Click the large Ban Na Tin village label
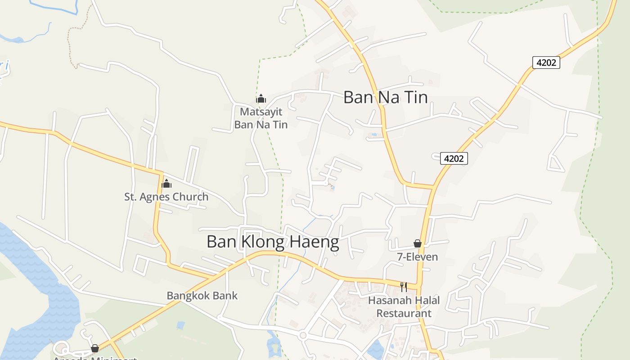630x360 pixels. pyautogui.click(x=385, y=97)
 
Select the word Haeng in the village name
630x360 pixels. pyautogui.click(x=313, y=242)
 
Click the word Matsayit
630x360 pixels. pyautogui.click(x=261, y=111)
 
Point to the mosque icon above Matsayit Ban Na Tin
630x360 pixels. pyautogui.click(x=261, y=99)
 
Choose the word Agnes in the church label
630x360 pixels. pyautogui.click(x=162, y=197)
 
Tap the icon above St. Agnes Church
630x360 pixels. pyautogui.click(x=166, y=183)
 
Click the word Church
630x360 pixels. pyautogui.click(x=192, y=197)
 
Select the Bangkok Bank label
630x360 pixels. pyautogui.click(x=202, y=296)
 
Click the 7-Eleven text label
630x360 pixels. pyautogui.click(x=417, y=257)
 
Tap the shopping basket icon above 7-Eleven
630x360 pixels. pyautogui.click(x=418, y=243)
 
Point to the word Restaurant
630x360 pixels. pyautogui.click(x=404, y=313)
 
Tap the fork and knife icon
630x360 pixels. pyautogui.click(x=404, y=287)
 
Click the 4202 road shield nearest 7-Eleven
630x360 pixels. pyautogui.click(x=454, y=158)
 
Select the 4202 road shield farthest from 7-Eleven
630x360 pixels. pyautogui.click(x=546, y=63)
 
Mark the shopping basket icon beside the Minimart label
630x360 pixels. pyautogui.click(x=94, y=348)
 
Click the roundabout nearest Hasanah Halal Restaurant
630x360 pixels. pyautogui.click(x=302, y=335)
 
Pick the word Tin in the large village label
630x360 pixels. pyautogui.click(x=414, y=97)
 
